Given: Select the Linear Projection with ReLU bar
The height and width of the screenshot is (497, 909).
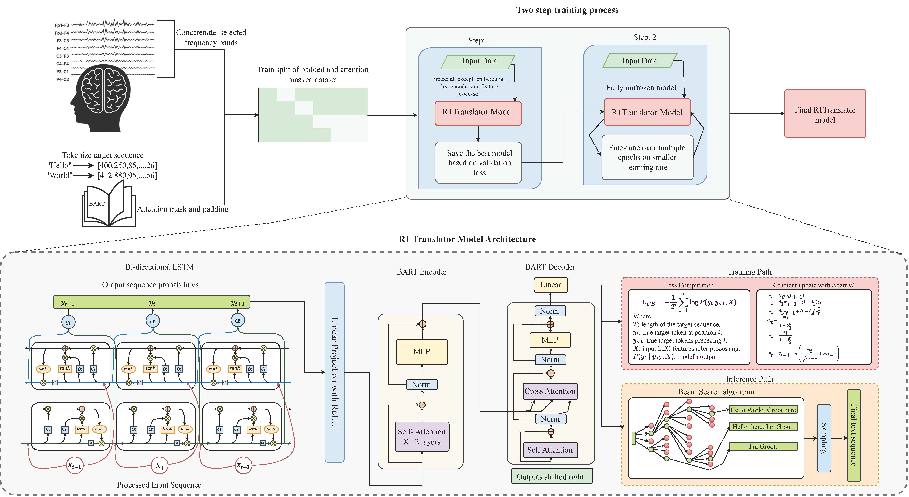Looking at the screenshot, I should point(334,372).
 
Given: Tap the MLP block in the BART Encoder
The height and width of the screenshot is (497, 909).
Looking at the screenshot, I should point(422,351).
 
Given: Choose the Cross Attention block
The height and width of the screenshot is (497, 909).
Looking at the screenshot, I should point(550,391).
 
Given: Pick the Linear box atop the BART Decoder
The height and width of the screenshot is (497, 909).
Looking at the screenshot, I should point(550,285).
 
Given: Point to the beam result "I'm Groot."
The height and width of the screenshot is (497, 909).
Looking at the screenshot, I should point(763,446).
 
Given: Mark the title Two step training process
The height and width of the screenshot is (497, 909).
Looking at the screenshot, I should point(567,10).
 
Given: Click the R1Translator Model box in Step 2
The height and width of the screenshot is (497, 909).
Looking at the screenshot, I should point(647,112).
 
